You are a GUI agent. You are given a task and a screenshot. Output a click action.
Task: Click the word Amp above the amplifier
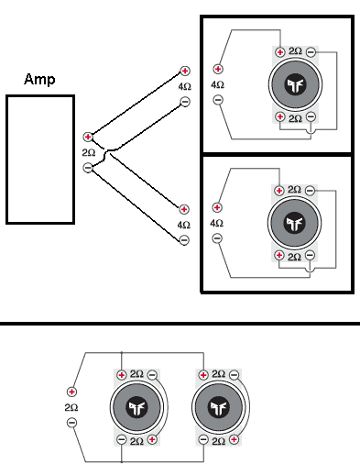[x=39, y=80]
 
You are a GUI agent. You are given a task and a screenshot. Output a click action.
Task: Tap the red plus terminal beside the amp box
[x=88, y=137]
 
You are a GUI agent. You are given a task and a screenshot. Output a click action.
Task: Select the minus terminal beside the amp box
[x=88, y=168]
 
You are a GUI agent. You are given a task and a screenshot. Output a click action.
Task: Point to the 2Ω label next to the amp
[x=89, y=152]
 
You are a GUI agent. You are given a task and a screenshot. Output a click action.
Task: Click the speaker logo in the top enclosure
[x=294, y=85]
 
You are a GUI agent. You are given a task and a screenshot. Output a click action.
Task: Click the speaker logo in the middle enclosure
[x=294, y=223]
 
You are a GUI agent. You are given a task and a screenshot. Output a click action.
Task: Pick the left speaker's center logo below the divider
[x=136, y=407]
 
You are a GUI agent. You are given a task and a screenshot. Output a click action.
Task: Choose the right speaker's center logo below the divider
[x=218, y=407]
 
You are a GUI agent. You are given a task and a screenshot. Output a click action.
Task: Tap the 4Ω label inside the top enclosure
[x=218, y=84]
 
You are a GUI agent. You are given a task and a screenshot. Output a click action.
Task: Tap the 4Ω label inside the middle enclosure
[x=218, y=223]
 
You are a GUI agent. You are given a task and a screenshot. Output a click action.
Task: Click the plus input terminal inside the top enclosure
[x=218, y=69]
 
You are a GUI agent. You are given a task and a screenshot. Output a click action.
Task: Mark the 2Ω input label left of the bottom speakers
[x=71, y=407]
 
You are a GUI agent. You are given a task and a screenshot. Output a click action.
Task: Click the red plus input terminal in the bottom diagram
[x=71, y=392]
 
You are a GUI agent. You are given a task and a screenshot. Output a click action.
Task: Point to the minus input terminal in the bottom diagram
[x=71, y=423]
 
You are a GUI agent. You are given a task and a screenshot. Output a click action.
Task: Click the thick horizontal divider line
[x=180, y=324]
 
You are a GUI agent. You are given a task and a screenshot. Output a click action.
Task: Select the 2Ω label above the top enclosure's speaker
[x=294, y=52]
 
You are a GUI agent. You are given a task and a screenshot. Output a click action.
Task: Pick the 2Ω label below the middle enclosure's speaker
[x=294, y=257]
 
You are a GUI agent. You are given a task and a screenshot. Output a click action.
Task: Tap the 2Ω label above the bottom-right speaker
[x=218, y=374]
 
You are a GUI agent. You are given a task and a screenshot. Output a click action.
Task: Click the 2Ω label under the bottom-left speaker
[x=136, y=441]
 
